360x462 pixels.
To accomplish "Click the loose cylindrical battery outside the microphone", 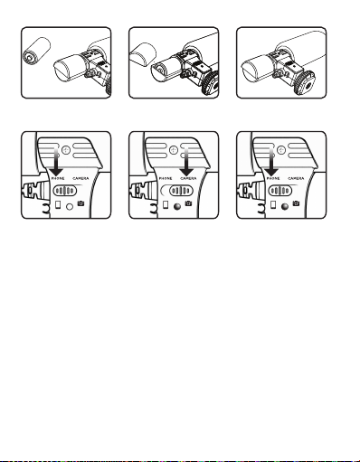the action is tap(36, 51).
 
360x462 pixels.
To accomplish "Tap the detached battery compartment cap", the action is tap(143, 54).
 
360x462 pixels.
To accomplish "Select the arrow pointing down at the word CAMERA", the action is tap(187, 161).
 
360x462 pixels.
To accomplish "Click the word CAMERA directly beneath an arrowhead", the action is tap(188, 179).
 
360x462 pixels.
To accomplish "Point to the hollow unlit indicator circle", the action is tap(70, 207).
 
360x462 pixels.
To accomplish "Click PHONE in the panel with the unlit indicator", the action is tap(58, 179).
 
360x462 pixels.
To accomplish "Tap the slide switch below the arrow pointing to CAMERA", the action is tap(181, 191).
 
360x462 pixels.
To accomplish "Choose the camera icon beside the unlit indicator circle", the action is tap(81, 203).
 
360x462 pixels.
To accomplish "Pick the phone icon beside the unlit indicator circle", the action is tap(58, 205).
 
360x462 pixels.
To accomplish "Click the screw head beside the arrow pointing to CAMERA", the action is tap(174, 150).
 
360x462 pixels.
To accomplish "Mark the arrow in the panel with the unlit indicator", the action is tap(56, 161).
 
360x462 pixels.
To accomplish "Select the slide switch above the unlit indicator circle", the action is tap(65, 191).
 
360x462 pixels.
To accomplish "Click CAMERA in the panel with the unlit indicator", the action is tap(81, 179).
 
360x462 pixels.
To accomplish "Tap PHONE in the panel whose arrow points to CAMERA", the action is tap(166, 179).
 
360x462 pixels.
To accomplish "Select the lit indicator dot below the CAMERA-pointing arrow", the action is tap(177, 207).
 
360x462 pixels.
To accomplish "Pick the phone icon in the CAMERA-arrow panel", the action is tap(166, 205).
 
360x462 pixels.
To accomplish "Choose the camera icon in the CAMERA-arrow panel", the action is tap(188, 203).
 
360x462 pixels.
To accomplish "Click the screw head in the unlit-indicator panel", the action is tap(66, 150).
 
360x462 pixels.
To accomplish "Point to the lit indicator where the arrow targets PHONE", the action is tap(285, 207).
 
